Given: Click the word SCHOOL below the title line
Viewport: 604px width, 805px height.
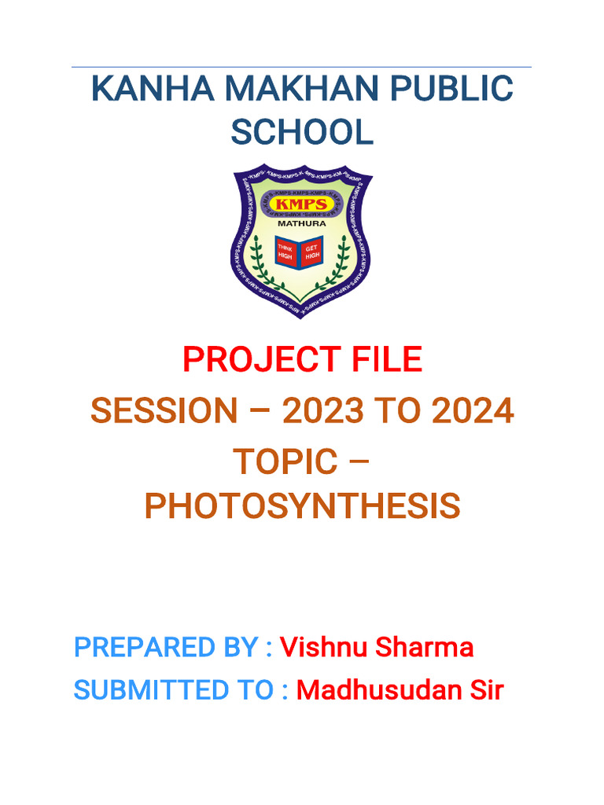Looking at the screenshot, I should pyautogui.click(x=302, y=132).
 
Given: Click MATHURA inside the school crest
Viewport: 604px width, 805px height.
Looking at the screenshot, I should pyautogui.click(x=301, y=222).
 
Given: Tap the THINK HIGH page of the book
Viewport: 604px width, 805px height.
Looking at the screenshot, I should pyautogui.click(x=286, y=252).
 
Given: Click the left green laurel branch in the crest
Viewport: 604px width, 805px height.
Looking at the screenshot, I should pyautogui.click(x=260, y=263).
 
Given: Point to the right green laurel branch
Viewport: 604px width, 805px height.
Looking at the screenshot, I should pyautogui.click(x=341, y=263).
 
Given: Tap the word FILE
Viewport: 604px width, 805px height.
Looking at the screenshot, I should pyautogui.click(x=385, y=360).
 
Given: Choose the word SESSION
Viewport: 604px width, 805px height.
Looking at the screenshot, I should pyautogui.click(x=163, y=410).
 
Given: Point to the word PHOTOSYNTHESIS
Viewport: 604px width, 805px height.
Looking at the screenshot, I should pyautogui.click(x=302, y=507).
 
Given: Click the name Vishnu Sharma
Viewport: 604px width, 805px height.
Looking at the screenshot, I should pyautogui.click(x=377, y=648).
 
